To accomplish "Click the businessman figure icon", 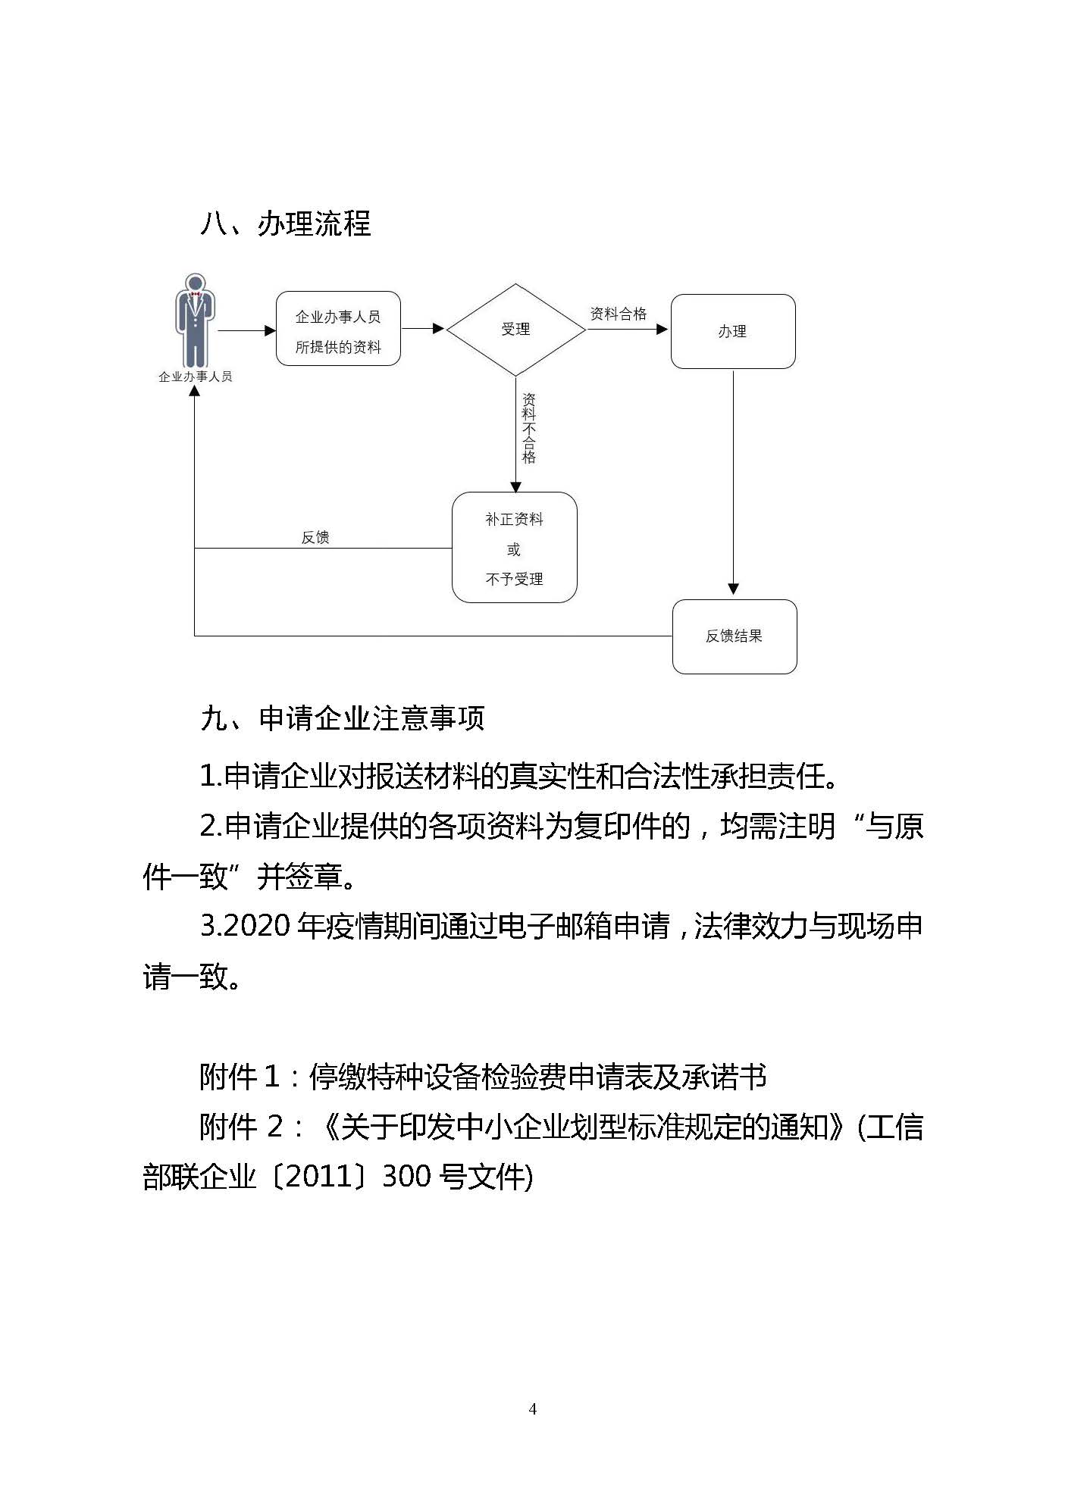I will pos(195,321).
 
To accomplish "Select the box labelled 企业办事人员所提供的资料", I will pos(338,329).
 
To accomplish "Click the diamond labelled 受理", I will pos(515,329).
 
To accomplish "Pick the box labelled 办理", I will pos(732,332).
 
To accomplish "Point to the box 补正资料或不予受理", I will pos(514,548).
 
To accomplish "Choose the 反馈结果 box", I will pos(734,636).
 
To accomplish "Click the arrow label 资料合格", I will pos(618,314).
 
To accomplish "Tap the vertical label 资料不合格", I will pos(529,428).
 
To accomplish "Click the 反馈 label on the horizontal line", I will pos(315,537).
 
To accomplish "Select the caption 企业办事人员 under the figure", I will pos(195,377).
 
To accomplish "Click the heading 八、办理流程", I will pos(285,224).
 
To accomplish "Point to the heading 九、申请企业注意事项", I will pos(342,718).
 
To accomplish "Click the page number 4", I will pos(532,1409).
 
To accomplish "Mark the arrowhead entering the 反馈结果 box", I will pos(733,589).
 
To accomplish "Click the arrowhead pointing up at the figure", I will pos(195,391).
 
